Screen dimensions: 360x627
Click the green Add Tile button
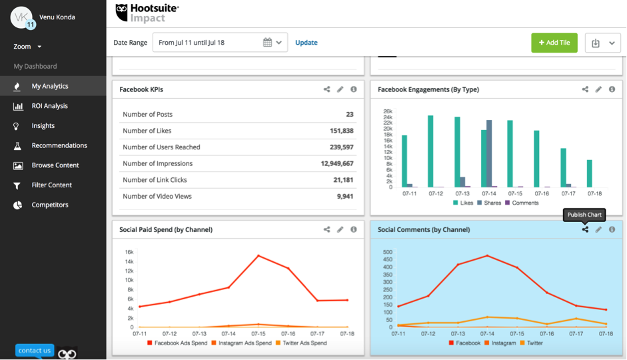554,43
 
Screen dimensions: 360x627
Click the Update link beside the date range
307,43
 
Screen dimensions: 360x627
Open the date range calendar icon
267,43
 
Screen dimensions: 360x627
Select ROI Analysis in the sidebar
49,106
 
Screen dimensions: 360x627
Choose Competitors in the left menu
49,205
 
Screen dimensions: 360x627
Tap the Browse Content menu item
55,165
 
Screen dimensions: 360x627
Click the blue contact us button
35,351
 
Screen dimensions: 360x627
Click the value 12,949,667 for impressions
336,163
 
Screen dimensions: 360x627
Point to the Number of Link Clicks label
155,180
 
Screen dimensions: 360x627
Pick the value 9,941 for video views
344,196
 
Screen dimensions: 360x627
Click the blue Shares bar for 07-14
489,153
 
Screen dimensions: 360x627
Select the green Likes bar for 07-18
589,173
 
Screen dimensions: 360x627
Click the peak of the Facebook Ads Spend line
258,255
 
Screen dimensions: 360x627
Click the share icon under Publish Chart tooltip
585,229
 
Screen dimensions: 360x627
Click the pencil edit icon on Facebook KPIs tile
340,89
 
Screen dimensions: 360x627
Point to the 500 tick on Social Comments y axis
386,252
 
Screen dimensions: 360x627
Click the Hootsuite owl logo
122,12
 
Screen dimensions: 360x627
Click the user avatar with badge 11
22,17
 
